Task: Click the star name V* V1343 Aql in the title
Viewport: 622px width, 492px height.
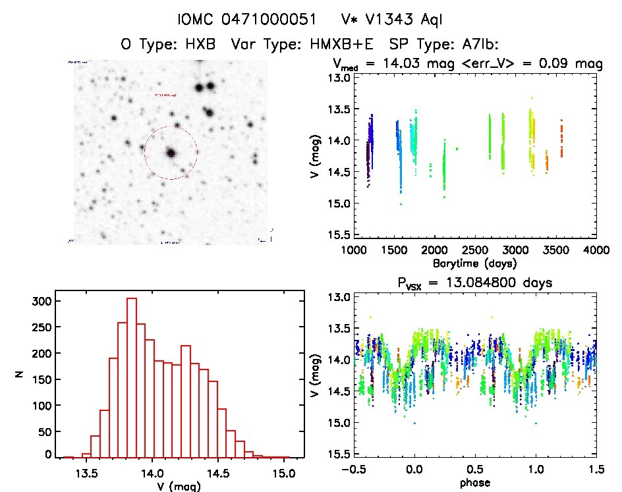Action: click(387, 20)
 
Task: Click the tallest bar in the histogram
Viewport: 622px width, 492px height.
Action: click(132, 377)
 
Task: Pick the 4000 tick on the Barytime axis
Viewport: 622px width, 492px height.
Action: click(596, 250)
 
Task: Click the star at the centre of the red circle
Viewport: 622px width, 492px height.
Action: click(171, 153)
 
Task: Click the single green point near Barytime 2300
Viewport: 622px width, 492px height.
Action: click(457, 149)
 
